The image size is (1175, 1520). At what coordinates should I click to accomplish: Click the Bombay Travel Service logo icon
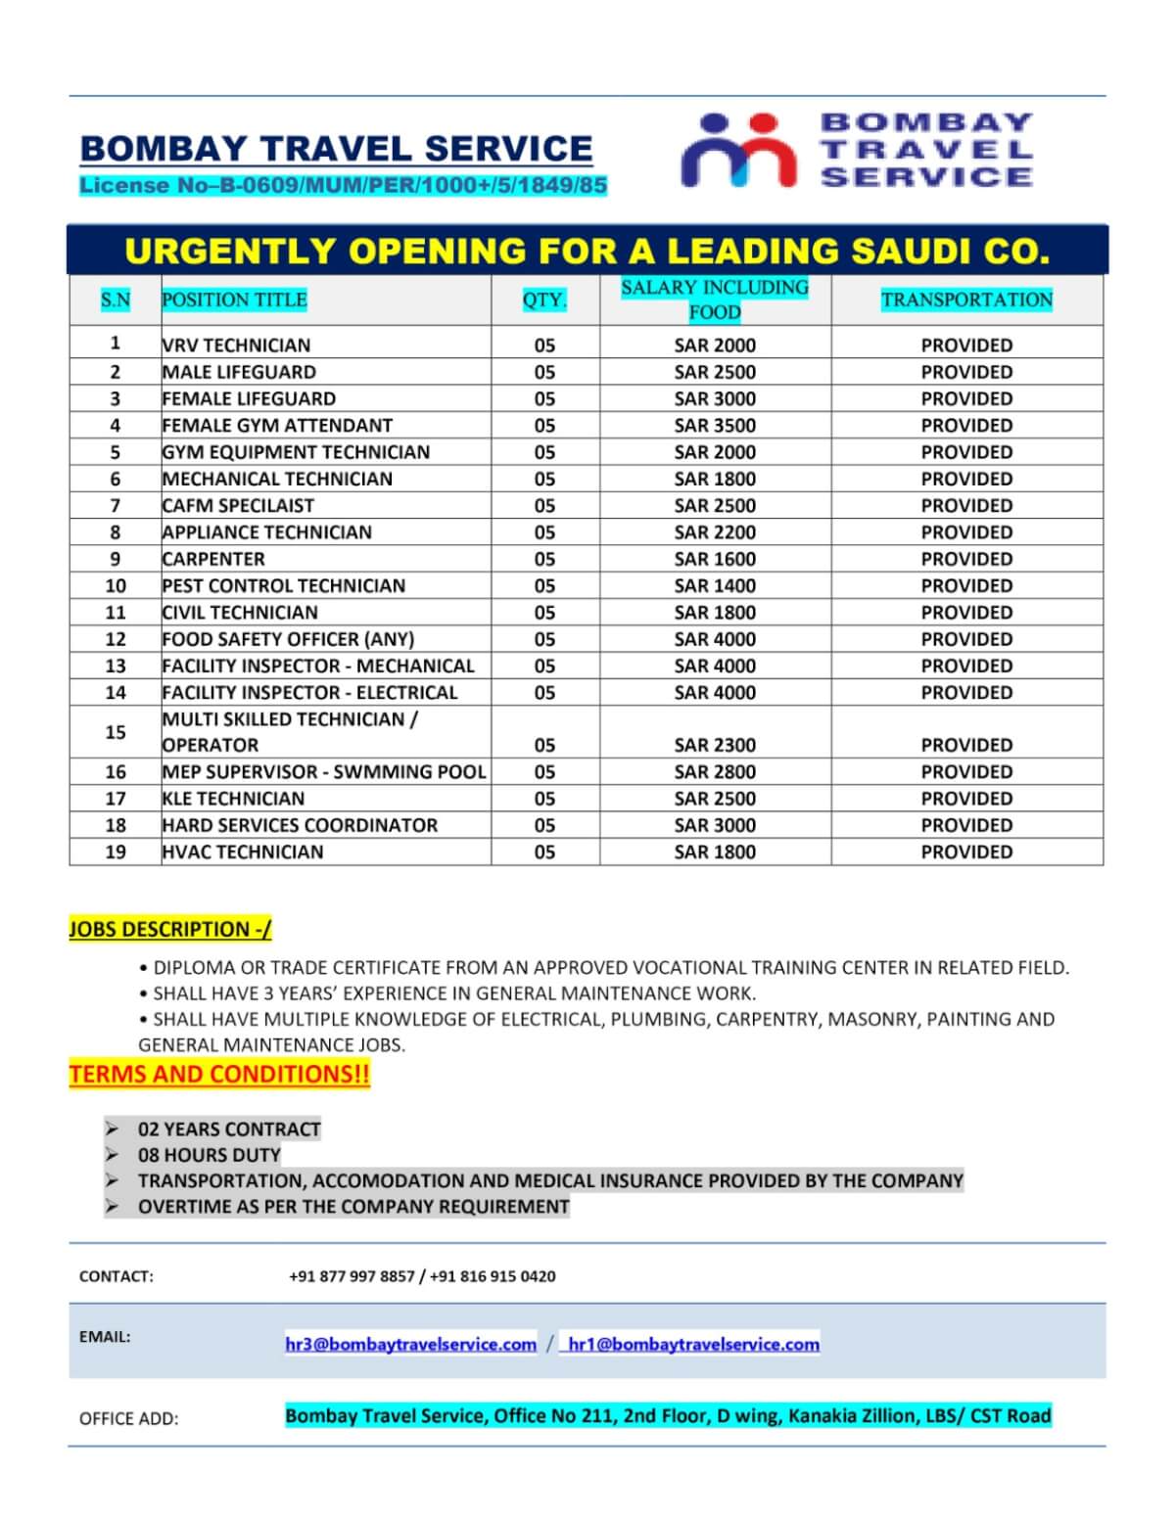click(x=739, y=150)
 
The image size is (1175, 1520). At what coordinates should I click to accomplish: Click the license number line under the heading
click(x=343, y=185)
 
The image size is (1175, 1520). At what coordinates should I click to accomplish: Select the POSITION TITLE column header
click(x=234, y=299)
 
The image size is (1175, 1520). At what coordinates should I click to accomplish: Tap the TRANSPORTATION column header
click(x=966, y=299)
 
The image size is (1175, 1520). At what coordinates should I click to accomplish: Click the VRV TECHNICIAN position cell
click(x=236, y=345)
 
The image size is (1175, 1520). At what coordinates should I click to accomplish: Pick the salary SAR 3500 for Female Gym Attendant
click(x=715, y=426)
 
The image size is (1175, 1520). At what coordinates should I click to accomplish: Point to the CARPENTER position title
click(x=213, y=559)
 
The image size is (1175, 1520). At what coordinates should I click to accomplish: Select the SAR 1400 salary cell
click(x=715, y=585)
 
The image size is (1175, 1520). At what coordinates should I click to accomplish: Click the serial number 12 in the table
click(x=116, y=639)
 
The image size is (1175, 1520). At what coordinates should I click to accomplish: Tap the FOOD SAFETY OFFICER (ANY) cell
click(x=288, y=639)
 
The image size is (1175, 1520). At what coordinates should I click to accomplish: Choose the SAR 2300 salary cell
click(x=715, y=745)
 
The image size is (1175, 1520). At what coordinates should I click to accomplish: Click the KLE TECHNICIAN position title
click(x=233, y=799)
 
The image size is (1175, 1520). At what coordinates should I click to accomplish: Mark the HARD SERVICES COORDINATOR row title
click(x=300, y=825)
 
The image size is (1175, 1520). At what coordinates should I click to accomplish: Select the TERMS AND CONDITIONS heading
click(x=219, y=1074)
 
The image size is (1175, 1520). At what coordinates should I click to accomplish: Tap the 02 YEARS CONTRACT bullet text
click(x=229, y=1128)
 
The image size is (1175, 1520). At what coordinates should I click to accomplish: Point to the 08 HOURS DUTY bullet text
click(x=209, y=1155)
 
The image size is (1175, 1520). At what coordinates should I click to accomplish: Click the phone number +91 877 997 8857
click(x=352, y=1276)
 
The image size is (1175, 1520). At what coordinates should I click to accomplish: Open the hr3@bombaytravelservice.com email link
click(x=410, y=1344)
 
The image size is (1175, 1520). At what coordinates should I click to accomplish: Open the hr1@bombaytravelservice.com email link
click(x=693, y=1344)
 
